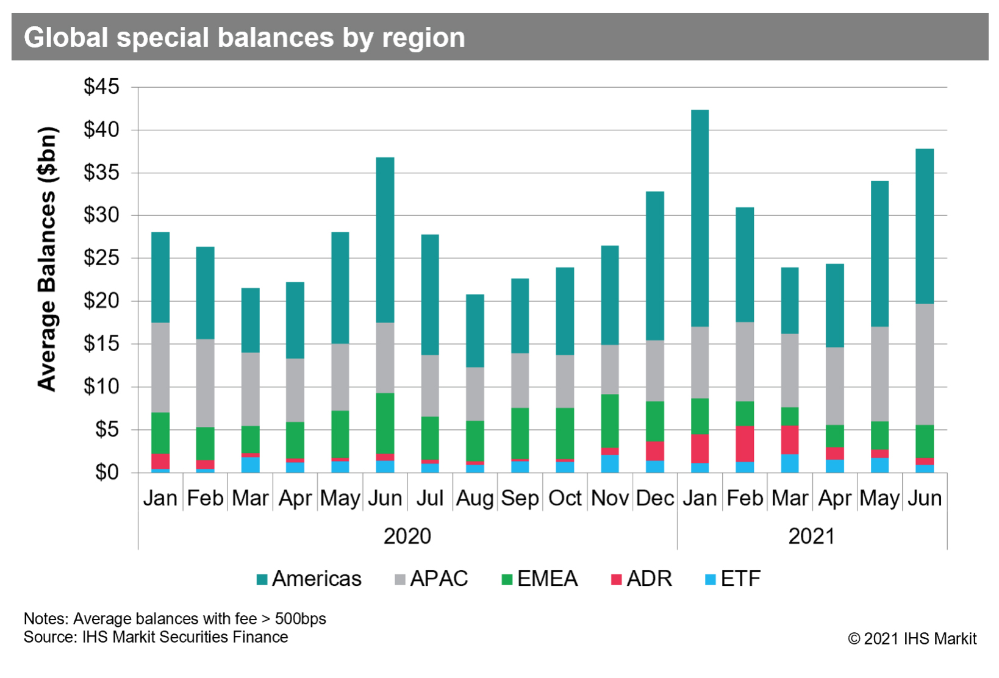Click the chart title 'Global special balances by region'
click(x=244, y=38)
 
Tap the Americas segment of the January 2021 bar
click(x=700, y=218)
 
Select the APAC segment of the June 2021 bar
click(x=925, y=364)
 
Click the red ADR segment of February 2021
click(x=745, y=444)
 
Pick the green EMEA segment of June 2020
click(x=385, y=423)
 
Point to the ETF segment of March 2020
click(x=250, y=465)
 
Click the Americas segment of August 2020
click(x=474, y=330)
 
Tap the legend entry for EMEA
click(x=539, y=579)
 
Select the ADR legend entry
click(x=642, y=579)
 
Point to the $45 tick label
click(x=101, y=87)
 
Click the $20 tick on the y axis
click(x=101, y=301)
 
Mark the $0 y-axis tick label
click(x=107, y=473)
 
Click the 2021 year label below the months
click(x=811, y=537)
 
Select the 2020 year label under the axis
click(x=407, y=537)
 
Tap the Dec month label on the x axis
click(x=654, y=498)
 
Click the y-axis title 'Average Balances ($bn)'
click(x=48, y=259)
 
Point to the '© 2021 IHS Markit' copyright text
click(x=912, y=638)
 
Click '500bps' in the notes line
click(x=300, y=619)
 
